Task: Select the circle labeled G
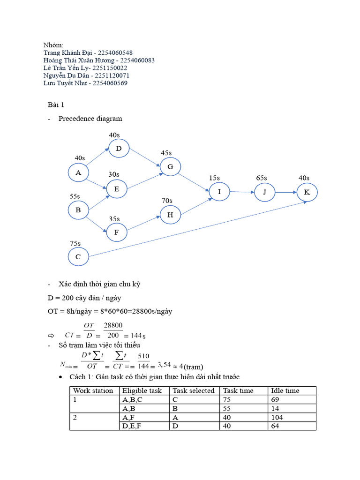170,167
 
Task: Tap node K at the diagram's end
307,192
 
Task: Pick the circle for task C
78,257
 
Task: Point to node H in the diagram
170,215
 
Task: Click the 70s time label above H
167,201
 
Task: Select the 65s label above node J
262,178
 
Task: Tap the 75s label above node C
75,243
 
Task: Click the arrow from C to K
197,229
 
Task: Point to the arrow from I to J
241,192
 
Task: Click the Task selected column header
194,391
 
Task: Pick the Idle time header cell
285,391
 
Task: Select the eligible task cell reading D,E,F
133,426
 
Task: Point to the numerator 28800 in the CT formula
113,325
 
